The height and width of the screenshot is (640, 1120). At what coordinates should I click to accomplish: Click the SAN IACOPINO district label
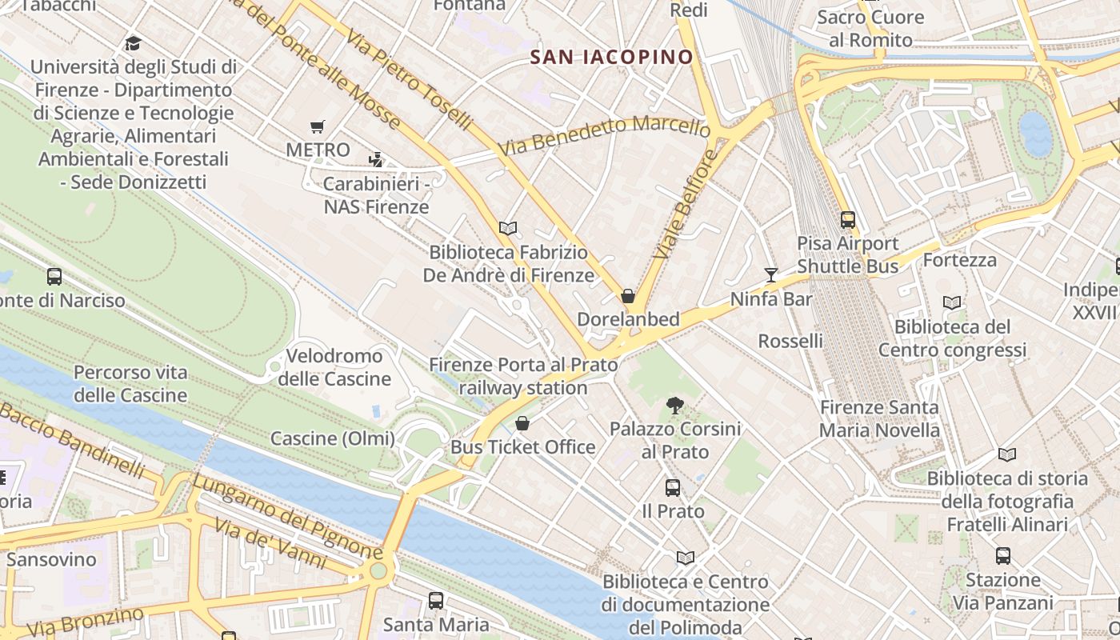pos(612,57)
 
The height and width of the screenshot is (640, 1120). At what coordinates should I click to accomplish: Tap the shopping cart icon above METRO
pos(318,126)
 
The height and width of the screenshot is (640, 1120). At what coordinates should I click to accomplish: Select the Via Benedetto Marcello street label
pos(603,136)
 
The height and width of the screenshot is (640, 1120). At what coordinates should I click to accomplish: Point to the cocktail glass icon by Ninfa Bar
pos(770,275)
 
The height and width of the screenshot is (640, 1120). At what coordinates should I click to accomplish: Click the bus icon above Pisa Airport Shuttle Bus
pos(847,219)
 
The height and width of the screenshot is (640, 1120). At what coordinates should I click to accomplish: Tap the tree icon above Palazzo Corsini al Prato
pos(675,406)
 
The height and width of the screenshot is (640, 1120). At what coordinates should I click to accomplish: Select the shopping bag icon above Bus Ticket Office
pos(522,423)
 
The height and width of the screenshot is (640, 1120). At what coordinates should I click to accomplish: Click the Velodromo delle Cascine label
pos(334,367)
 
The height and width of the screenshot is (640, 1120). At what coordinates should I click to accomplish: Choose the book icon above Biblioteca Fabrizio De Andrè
pos(508,228)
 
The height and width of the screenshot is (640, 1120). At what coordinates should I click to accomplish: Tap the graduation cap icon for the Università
pos(133,43)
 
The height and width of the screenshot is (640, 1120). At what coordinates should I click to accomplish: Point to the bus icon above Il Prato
pos(673,487)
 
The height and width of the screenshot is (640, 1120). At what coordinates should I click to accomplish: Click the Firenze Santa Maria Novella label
pos(879,418)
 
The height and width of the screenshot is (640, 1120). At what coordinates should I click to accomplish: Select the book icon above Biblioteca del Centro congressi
pos(952,302)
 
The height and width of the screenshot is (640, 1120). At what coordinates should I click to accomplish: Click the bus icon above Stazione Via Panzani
pos(1002,556)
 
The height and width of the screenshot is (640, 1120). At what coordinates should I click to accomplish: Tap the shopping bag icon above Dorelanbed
pos(628,296)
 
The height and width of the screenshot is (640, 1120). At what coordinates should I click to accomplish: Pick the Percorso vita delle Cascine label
pos(130,384)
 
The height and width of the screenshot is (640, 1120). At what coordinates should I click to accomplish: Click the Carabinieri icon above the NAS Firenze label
pos(376,160)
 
